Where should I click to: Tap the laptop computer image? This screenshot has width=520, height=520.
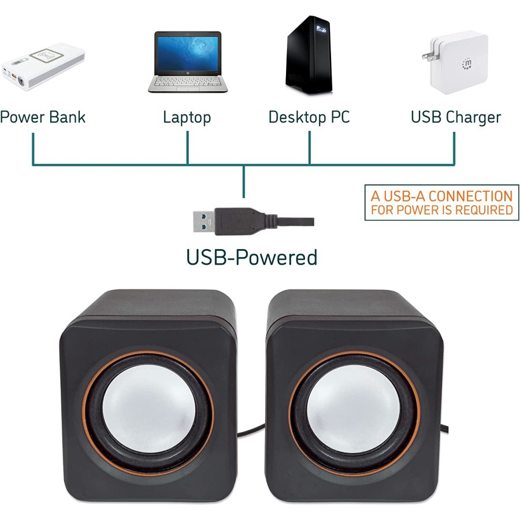click(188, 61)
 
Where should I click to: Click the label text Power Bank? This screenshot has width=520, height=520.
click(43, 117)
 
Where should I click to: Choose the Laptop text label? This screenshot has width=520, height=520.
click(187, 118)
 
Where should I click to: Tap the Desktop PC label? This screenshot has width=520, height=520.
click(309, 117)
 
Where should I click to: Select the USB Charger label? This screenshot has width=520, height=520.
click(456, 117)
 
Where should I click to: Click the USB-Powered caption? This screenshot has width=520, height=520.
click(252, 257)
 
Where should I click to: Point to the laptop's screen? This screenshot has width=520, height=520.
click(188, 53)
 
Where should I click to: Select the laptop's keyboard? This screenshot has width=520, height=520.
click(188, 81)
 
